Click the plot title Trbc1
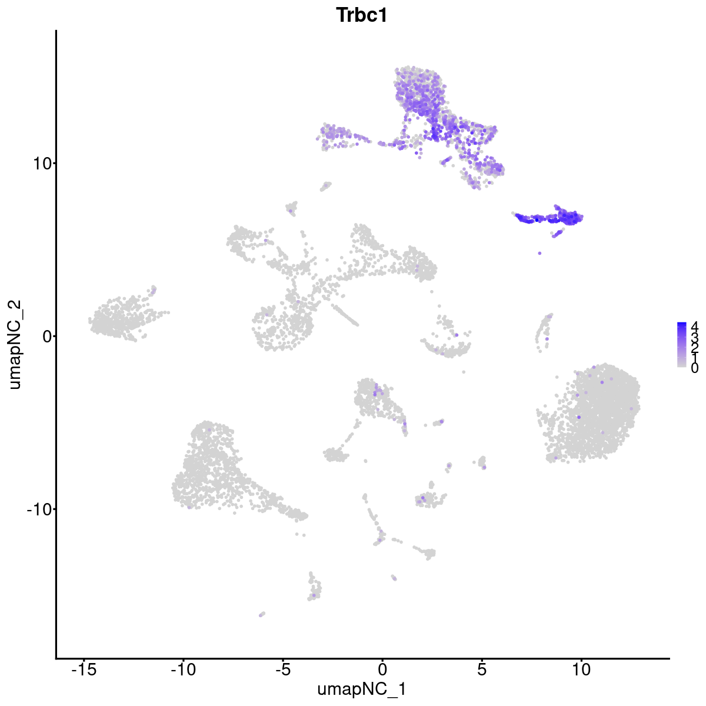(361, 16)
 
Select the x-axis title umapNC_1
(361, 689)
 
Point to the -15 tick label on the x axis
(83, 669)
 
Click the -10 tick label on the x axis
(182, 669)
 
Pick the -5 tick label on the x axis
(282, 669)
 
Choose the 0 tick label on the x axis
(382, 669)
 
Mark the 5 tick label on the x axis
(482, 669)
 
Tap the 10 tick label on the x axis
(581, 669)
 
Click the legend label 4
(694, 325)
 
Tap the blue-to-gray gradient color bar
(681, 345)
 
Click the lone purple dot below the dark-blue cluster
(540, 253)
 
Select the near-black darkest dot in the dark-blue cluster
(537, 219)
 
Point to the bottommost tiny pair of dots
(261, 614)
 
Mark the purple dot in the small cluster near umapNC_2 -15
(314, 595)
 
